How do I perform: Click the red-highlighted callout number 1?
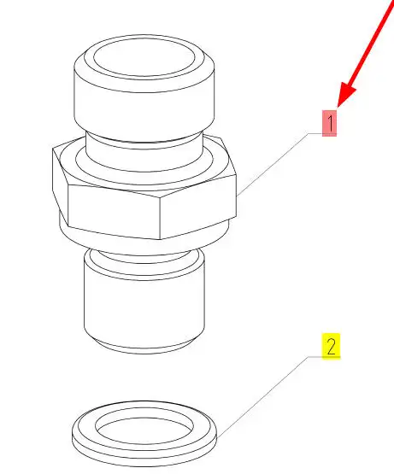(329, 123)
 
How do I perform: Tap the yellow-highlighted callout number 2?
(331, 346)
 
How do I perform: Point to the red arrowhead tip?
(338, 107)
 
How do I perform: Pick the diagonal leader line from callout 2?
(262, 396)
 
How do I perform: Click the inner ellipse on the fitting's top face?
(144, 57)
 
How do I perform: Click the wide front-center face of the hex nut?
(114, 212)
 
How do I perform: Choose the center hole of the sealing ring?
(144, 427)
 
